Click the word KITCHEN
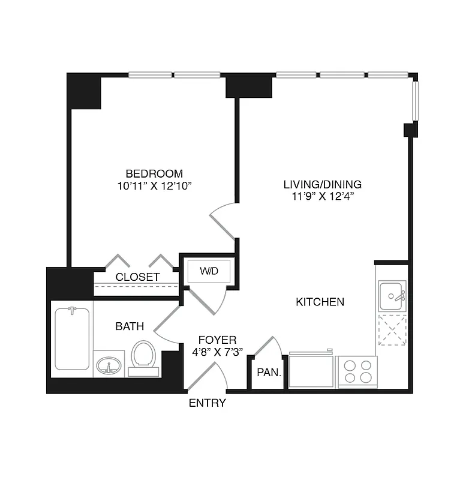pyautogui.click(x=320, y=302)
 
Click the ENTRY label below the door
pyautogui.click(x=208, y=403)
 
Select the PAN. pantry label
pyautogui.click(x=269, y=372)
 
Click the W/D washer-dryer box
pyautogui.click(x=209, y=271)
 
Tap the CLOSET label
pyautogui.click(x=137, y=277)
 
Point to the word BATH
pyautogui.click(x=130, y=326)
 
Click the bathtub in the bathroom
pyautogui.click(x=72, y=338)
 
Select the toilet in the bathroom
pyautogui.click(x=143, y=356)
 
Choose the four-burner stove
pyautogui.click(x=356, y=371)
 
